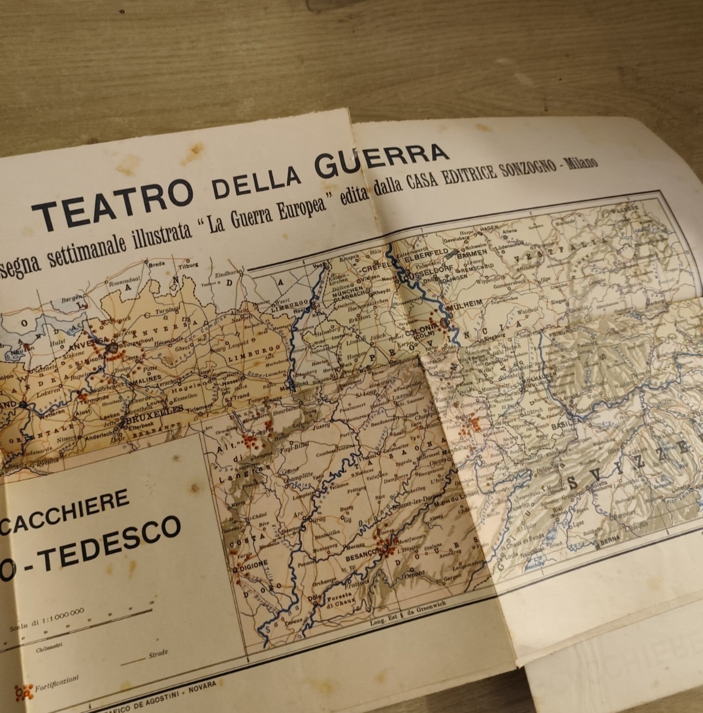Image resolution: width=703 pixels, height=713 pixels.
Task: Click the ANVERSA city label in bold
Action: (88, 341)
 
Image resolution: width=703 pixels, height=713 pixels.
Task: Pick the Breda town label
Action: (157, 264)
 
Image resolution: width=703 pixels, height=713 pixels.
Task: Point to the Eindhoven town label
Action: (228, 273)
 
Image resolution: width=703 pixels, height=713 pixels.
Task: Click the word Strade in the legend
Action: (158, 653)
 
